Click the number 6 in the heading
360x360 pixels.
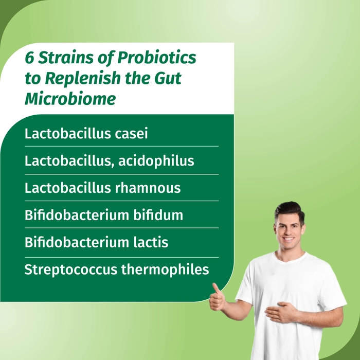(x=30, y=58)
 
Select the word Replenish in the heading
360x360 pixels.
(x=83, y=78)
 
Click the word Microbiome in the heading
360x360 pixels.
(x=70, y=99)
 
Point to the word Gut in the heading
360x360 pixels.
(x=168, y=78)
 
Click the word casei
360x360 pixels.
(x=131, y=134)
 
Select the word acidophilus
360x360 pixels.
(x=156, y=160)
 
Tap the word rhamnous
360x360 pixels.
(x=148, y=188)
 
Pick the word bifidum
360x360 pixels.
(x=158, y=215)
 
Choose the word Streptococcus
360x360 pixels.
(x=71, y=269)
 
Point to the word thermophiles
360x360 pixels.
(x=165, y=269)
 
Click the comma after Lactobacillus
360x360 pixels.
(x=113, y=166)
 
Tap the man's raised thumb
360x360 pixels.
(x=216, y=290)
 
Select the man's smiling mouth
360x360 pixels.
(x=289, y=239)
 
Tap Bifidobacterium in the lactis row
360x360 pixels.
(x=77, y=242)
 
